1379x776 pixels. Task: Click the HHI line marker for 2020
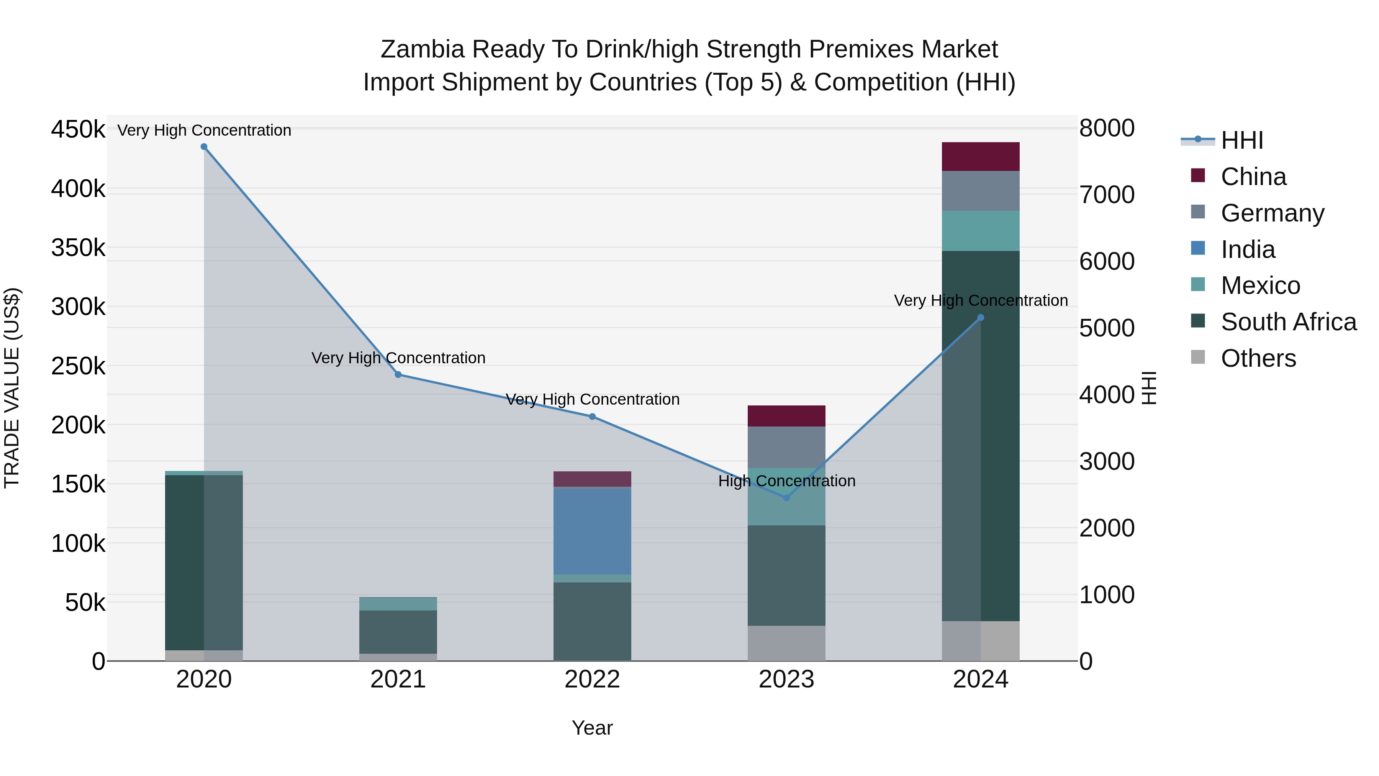coord(204,147)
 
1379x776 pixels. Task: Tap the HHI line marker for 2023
coord(786,498)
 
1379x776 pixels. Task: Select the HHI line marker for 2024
coord(981,318)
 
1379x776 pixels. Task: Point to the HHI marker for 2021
coord(398,375)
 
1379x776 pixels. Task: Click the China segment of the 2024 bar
coord(981,157)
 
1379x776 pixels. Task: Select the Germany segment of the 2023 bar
coord(786,447)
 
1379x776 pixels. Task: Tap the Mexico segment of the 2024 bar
coord(981,231)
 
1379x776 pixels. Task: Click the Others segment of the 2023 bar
coord(786,643)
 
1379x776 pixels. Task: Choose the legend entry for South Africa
coord(1289,322)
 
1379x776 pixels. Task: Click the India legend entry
coord(1248,249)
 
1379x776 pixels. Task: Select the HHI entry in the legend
coord(1242,140)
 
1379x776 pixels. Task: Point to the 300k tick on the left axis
coord(78,307)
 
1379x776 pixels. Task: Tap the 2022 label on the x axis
coord(592,679)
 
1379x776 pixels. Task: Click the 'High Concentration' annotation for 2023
coord(786,481)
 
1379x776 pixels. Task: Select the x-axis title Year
coord(592,728)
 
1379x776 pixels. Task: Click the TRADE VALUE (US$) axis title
coord(12,388)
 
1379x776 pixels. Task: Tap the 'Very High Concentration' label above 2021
coord(398,358)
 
